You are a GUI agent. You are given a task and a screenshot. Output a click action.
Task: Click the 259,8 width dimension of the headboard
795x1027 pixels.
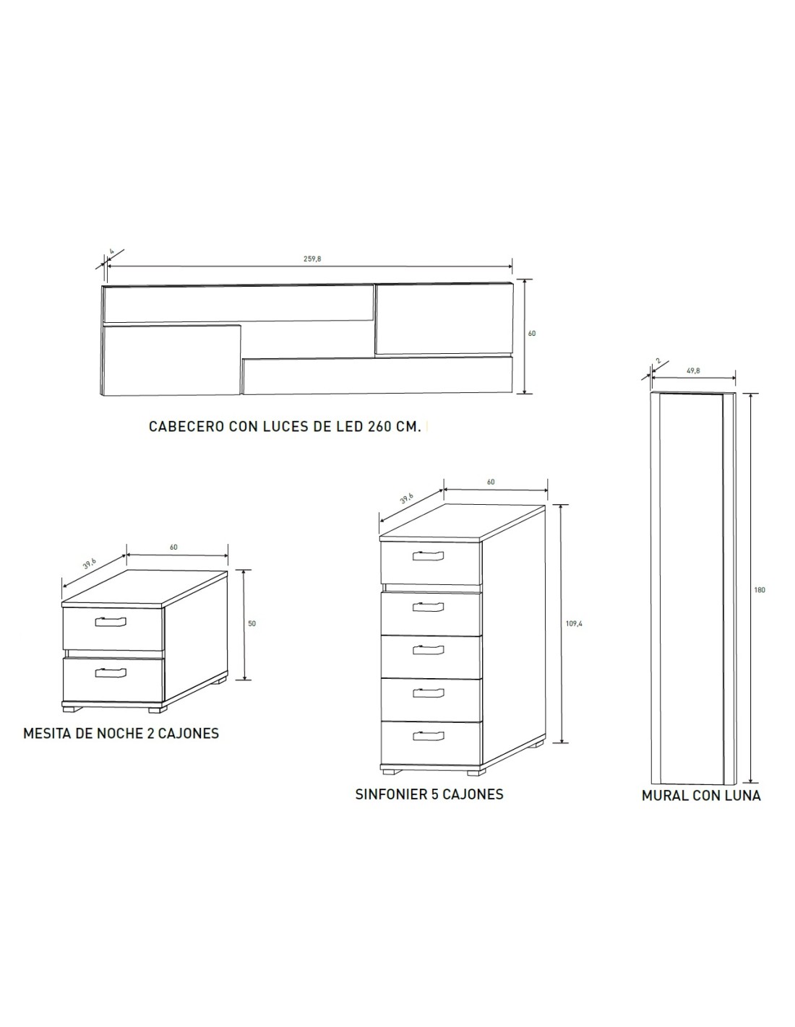pyautogui.click(x=312, y=259)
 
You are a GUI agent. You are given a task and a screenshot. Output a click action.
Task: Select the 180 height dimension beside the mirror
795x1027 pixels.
pyautogui.click(x=760, y=590)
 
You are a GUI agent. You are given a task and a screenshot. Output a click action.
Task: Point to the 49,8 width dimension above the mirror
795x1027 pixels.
pyautogui.click(x=693, y=371)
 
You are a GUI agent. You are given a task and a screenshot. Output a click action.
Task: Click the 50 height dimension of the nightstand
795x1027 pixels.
pyautogui.click(x=252, y=623)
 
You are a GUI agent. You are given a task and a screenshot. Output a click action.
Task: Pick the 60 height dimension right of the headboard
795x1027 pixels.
pyautogui.click(x=532, y=333)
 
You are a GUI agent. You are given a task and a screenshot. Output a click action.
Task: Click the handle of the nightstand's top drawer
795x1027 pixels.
pyautogui.click(x=111, y=622)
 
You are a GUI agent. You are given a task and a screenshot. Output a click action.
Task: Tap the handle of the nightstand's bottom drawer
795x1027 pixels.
pyautogui.click(x=111, y=672)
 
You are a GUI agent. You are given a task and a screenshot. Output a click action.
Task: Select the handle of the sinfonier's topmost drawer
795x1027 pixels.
pyautogui.click(x=428, y=556)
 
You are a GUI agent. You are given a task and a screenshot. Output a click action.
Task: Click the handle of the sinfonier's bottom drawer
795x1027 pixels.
pyautogui.click(x=428, y=736)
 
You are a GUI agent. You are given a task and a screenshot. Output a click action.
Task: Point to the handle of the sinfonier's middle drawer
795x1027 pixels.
pyautogui.click(x=428, y=650)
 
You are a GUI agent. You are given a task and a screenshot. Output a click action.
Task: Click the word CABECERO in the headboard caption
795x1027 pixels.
pyautogui.click(x=186, y=426)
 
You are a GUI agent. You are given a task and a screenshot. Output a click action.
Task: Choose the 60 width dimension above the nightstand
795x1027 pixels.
pyautogui.click(x=173, y=547)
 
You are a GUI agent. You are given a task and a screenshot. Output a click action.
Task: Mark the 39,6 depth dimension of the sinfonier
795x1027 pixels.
pyautogui.click(x=406, y=498)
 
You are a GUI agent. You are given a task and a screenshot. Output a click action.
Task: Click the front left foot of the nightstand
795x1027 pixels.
pyautogui.click(x=72, y=709)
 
